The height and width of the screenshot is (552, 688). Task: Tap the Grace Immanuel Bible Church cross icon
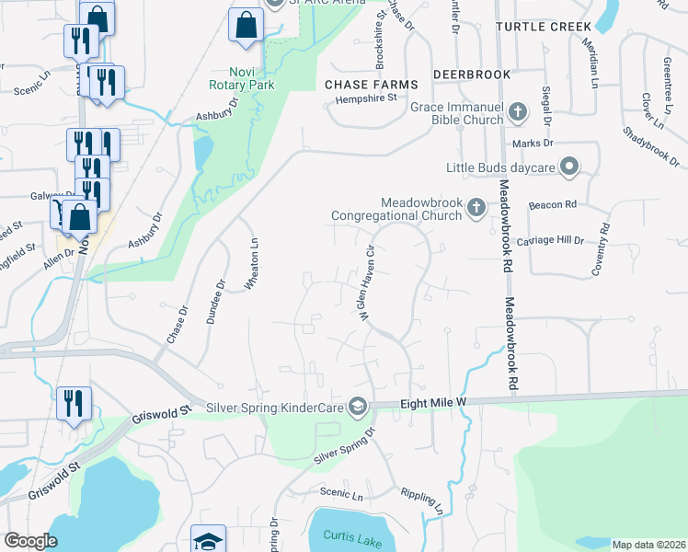[x=518, y=113]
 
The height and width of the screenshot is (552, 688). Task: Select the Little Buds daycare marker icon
[x=569, y=167]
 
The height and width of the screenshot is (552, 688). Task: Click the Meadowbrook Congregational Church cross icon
[x=476, y=207]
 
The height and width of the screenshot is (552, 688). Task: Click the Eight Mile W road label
[x=433, y=403]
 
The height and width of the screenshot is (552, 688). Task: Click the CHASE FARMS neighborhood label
[x=365, y=84]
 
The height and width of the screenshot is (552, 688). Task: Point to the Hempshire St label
[x=365, y=98]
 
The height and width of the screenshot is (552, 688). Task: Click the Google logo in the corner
[x=30, y=541]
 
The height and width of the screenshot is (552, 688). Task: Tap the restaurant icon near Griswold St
[x=74, y=404]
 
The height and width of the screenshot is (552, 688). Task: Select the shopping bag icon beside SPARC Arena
[x=246, y=28]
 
